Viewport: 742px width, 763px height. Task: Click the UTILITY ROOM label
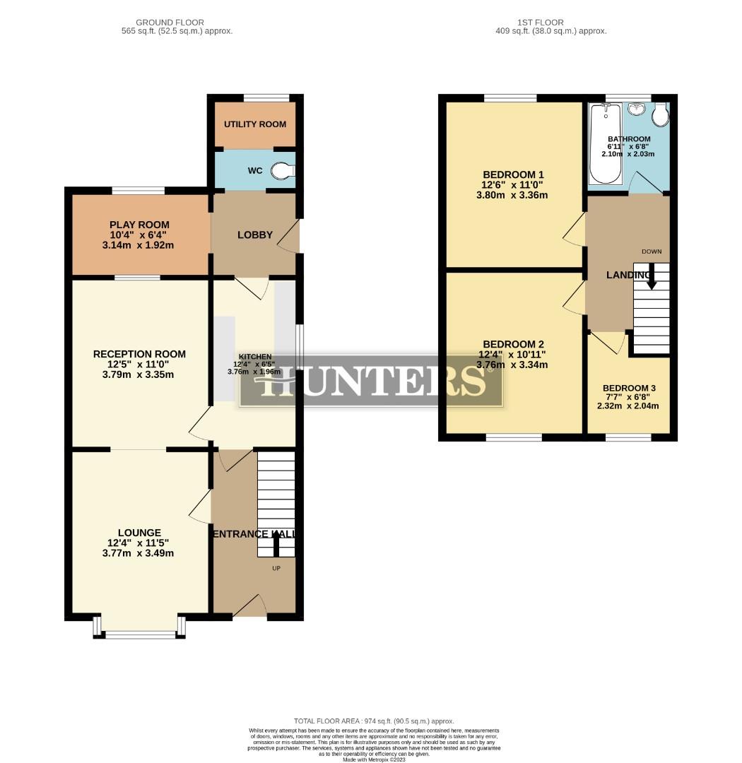point(255,124)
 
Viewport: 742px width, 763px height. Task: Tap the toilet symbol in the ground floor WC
point(284,170)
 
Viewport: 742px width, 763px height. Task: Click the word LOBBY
point(255,235)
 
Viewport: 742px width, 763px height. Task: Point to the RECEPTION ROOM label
point(139,354)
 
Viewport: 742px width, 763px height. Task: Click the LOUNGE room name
point(139,533)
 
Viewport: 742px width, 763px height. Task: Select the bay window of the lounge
point(139,631)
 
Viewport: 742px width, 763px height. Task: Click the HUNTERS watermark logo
point(372,382)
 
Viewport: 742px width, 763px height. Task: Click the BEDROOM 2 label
point(513,344)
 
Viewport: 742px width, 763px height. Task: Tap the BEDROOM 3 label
point(629,389)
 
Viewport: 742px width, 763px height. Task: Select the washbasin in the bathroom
point(636,110)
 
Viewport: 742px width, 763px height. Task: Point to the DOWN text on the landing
point(651,252)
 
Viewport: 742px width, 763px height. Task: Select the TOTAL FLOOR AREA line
point(374,721)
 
